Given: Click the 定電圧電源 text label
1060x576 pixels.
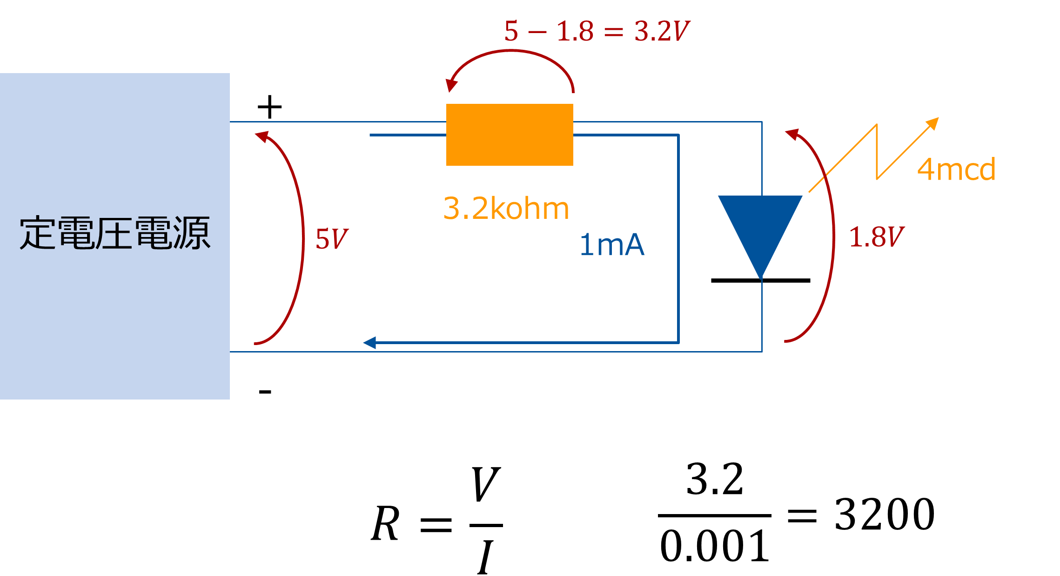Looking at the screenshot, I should click(115, 233).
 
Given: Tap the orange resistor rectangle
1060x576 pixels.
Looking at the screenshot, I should click(510, 135).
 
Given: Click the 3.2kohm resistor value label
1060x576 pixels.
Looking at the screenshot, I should click(506, 208).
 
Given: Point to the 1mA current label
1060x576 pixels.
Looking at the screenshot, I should click(612, 245).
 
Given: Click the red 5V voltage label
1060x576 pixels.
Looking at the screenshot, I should click(331, 239).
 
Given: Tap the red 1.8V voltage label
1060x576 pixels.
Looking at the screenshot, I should click(876, 237).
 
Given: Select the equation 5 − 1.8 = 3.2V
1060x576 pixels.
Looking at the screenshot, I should click(597, 31).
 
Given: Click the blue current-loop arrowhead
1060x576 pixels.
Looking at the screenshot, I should click(369, 343).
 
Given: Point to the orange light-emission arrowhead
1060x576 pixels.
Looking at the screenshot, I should click(933, 123).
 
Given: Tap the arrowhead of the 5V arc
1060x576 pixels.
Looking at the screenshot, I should click(262, 136).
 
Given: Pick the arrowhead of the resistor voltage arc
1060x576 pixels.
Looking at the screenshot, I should click(451, 85).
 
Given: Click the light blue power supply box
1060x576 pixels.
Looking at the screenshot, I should click(115, 326).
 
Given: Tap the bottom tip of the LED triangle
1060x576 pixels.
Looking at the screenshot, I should click(761, 278).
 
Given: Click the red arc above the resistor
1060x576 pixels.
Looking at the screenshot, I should click(512, 52).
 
